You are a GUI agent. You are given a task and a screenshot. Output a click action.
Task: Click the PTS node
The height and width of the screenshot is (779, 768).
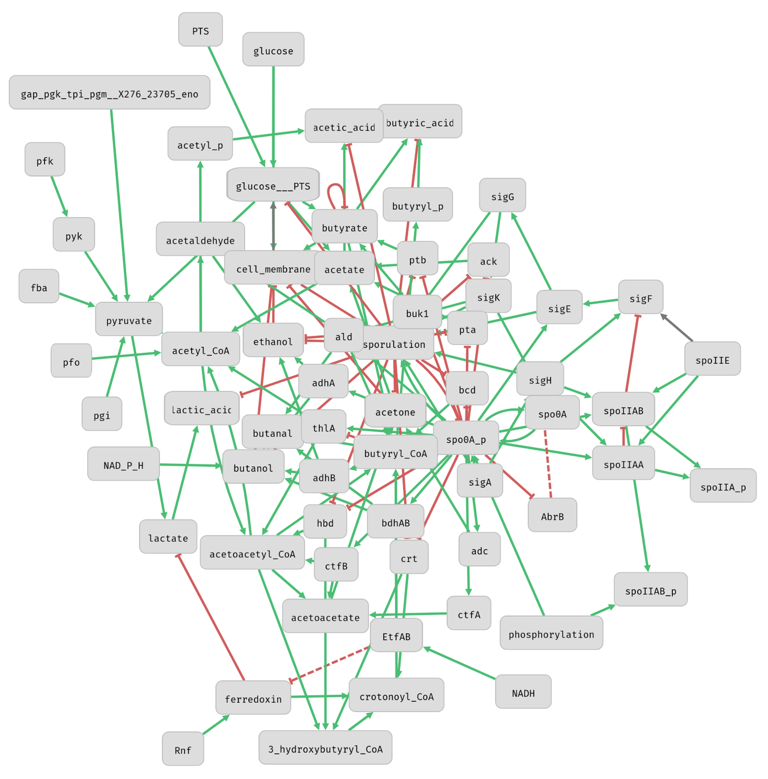tap(200, 30)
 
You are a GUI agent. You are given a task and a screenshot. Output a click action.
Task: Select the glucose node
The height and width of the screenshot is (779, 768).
tap(273, 50)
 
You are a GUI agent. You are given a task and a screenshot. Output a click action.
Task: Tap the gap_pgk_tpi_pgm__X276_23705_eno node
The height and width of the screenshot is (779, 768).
tap(110, 93)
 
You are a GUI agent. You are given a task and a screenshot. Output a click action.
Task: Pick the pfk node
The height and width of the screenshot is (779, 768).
tap(45, 160)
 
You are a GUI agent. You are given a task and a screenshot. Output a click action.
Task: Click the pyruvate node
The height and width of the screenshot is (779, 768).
tap(129, 320)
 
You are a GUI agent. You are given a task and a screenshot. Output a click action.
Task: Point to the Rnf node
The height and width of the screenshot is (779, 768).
tap(183, 749)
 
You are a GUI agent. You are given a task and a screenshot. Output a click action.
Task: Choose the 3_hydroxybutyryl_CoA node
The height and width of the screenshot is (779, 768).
tap(325, 748)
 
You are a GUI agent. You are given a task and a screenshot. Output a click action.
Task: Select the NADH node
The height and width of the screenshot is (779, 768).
tap(523, 692)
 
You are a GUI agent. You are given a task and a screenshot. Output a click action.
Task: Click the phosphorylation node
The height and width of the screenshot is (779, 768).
tap(551, 633)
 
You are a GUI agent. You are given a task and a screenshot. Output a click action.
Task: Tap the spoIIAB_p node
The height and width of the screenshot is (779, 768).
tap(650, 590)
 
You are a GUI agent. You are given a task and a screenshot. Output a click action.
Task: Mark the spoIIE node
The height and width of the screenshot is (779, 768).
tap(712, 359)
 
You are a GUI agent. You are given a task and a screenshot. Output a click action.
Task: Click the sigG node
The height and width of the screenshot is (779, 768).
tap(502, 196)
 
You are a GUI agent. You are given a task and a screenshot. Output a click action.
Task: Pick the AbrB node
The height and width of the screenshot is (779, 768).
tap(552, 515)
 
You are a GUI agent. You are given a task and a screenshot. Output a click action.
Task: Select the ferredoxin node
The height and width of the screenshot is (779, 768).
tap(253, 698)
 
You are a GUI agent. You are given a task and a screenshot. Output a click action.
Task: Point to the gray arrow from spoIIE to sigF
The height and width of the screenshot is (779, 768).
tap(677, 328)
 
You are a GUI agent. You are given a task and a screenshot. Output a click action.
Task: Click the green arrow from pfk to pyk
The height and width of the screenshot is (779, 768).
tap(59, 196)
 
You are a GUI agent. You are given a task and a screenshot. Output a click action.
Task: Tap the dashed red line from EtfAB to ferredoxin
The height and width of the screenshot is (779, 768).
tap(329, 665)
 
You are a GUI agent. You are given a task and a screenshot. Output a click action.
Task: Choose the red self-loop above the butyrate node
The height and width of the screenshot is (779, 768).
tap(335, 194)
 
